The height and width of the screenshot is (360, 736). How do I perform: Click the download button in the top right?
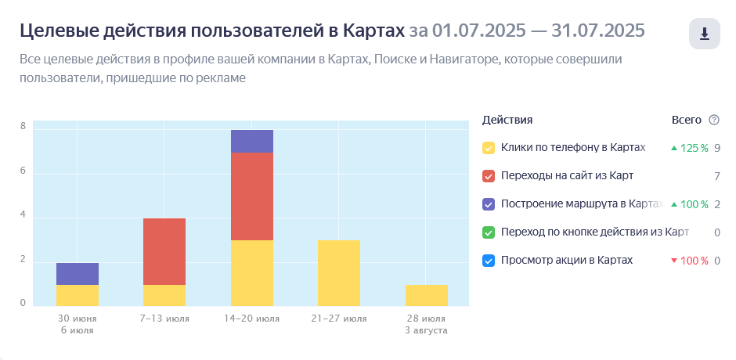point(704,34)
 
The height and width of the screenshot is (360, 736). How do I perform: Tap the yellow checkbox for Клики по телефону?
point(489,148)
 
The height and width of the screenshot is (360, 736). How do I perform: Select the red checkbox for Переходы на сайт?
point(489,176)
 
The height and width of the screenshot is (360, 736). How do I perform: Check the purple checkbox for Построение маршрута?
point(489,204)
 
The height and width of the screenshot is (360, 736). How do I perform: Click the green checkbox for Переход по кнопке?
point(489,232)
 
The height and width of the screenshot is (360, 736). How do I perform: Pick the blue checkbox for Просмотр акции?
point(489,261)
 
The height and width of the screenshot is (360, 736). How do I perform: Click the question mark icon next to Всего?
point(713,120)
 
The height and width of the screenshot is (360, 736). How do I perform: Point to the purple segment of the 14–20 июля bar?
point(252,142)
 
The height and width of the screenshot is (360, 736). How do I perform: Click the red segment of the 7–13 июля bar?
point(164,251)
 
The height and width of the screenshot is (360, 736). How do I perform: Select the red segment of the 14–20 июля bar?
point(252,196)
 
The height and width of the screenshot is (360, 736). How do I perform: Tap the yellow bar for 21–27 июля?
point(339,273)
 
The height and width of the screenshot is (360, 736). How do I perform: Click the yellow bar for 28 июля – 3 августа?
point(427,295)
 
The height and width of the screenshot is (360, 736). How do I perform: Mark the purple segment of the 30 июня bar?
point(78,274)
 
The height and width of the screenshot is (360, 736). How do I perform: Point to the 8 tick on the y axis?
point(23,127)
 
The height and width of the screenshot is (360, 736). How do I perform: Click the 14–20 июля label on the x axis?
point(252,319)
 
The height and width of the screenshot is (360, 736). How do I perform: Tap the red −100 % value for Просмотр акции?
point(693,261)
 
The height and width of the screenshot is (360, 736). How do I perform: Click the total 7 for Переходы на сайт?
point(716,176)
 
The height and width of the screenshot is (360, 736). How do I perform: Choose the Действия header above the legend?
point(507,120)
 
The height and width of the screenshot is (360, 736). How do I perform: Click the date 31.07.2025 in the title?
point(598,31)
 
